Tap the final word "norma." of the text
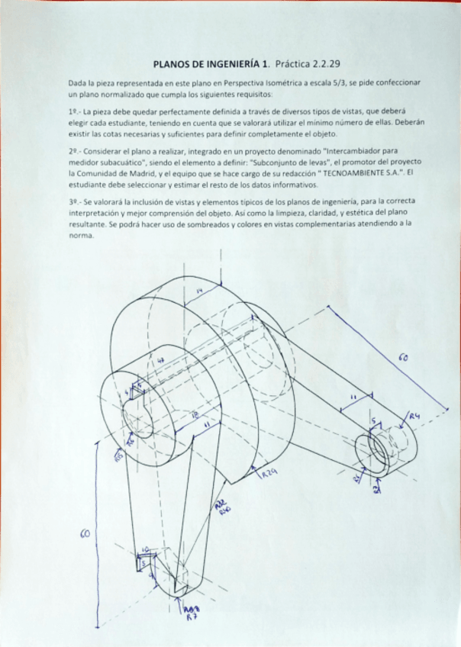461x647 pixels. [81, 236]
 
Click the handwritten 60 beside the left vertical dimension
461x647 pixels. [85, 533]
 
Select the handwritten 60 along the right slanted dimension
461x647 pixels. [402, 356]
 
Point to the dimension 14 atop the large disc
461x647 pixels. [199, 291]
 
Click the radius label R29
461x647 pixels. [269, 474]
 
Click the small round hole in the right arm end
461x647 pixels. [379, 445]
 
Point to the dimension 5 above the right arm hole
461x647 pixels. [373, 421]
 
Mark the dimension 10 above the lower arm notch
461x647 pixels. [146, 549]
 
